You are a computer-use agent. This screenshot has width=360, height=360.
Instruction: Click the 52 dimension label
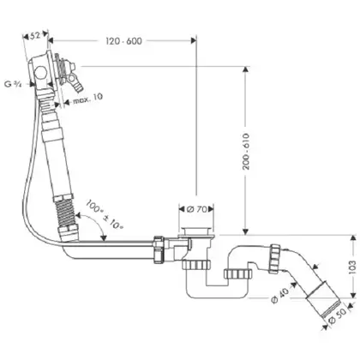[x=35, y=36]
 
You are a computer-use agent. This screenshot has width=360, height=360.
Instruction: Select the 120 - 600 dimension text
[x=123, y=41]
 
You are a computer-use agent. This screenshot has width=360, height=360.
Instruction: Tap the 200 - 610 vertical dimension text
[x=246, y=152]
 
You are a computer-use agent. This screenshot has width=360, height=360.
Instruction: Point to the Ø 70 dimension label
[x=196, y=209]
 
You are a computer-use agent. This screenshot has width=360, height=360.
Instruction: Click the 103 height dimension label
[x=353, y=267]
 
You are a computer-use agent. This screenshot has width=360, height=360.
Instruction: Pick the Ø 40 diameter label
[x=280, y=295]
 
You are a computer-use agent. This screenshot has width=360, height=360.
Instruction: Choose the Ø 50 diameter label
[x=338, y=316]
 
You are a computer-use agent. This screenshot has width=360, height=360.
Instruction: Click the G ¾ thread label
[x=14, y=84]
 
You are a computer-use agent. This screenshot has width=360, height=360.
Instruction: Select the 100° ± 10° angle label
[x=105, y=214]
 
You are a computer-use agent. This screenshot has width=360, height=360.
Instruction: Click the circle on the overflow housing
[x=41, y=72]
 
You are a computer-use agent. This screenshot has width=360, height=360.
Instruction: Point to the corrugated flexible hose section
[x=66, y=213]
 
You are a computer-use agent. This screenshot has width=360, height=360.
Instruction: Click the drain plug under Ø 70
[x=197, y=231]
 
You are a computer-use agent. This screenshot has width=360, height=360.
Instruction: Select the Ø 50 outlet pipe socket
[x=323, y=299]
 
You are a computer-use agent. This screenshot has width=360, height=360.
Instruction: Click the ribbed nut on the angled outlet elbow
[x=276, y=259]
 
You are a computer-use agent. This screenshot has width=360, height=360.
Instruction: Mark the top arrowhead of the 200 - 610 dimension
[x=245, y=70]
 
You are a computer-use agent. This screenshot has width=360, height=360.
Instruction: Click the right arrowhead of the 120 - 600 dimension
[x=193, y=41]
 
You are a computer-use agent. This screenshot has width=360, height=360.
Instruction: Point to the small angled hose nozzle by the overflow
[x=76, y=83]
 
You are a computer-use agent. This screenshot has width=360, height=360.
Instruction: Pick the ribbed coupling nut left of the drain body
[x=159, y=249]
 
